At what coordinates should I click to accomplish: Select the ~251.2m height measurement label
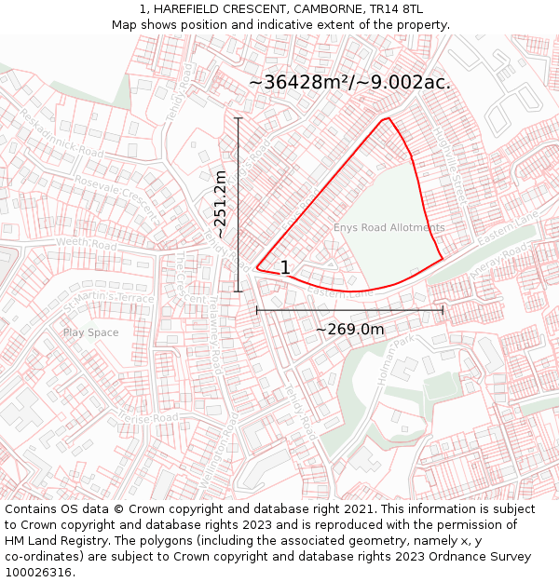221,204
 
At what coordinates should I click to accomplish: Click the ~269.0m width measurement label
349,329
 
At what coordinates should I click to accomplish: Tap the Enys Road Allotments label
389,227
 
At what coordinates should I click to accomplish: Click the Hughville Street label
450,167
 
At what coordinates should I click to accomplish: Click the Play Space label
90,332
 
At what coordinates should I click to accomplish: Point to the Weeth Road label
87,245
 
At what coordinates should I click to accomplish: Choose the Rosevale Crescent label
117,193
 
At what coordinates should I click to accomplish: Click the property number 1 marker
285,268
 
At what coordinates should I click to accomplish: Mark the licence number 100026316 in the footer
38,573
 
